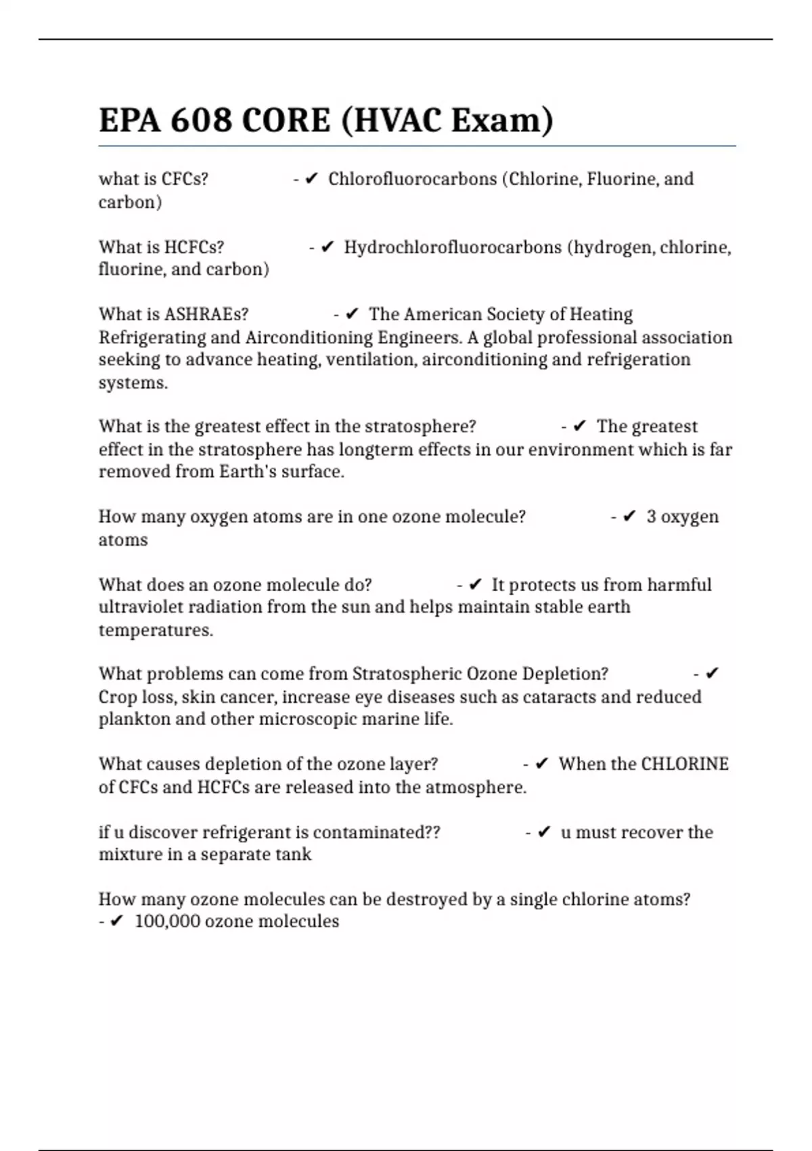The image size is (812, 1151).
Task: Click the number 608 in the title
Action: [x=201, y=121]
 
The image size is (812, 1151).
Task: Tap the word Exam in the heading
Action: [x=501, y=121]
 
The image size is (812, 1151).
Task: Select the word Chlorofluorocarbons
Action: [x=412, y=179]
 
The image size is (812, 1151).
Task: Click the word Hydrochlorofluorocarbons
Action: [x=453, y=247]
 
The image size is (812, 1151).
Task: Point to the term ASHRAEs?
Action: [x=206, y=315]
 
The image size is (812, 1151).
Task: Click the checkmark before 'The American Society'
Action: [x=352, y=315]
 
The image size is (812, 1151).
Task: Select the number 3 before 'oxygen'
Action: [x=651, y=517]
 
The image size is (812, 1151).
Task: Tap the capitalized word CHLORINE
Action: [x=684, y=764]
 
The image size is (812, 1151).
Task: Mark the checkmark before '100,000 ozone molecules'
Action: [x=117, y=921]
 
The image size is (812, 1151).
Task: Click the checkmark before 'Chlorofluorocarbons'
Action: [x=311, y=179]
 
